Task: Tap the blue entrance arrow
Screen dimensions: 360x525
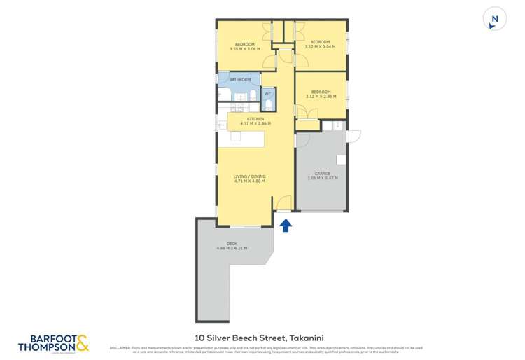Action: (286, 224)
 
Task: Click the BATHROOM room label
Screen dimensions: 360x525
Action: (239, 80)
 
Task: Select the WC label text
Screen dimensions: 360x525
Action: (267, 93)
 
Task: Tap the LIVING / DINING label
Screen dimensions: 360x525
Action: (251, 176)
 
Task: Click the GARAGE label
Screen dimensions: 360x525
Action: (322, 173)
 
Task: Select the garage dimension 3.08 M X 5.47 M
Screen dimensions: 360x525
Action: (322, 178)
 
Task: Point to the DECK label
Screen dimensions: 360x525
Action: (232, 243)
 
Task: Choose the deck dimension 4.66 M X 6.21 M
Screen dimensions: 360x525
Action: (232, 248)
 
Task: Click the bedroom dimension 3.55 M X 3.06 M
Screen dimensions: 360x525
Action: (245, 49)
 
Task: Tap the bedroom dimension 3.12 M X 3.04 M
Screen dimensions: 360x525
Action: (321, 46)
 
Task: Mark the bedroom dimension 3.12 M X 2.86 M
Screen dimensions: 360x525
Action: (321, 97)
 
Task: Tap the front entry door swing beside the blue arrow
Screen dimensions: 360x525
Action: (284, 203)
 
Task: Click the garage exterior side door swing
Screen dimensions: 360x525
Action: (353, 136)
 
